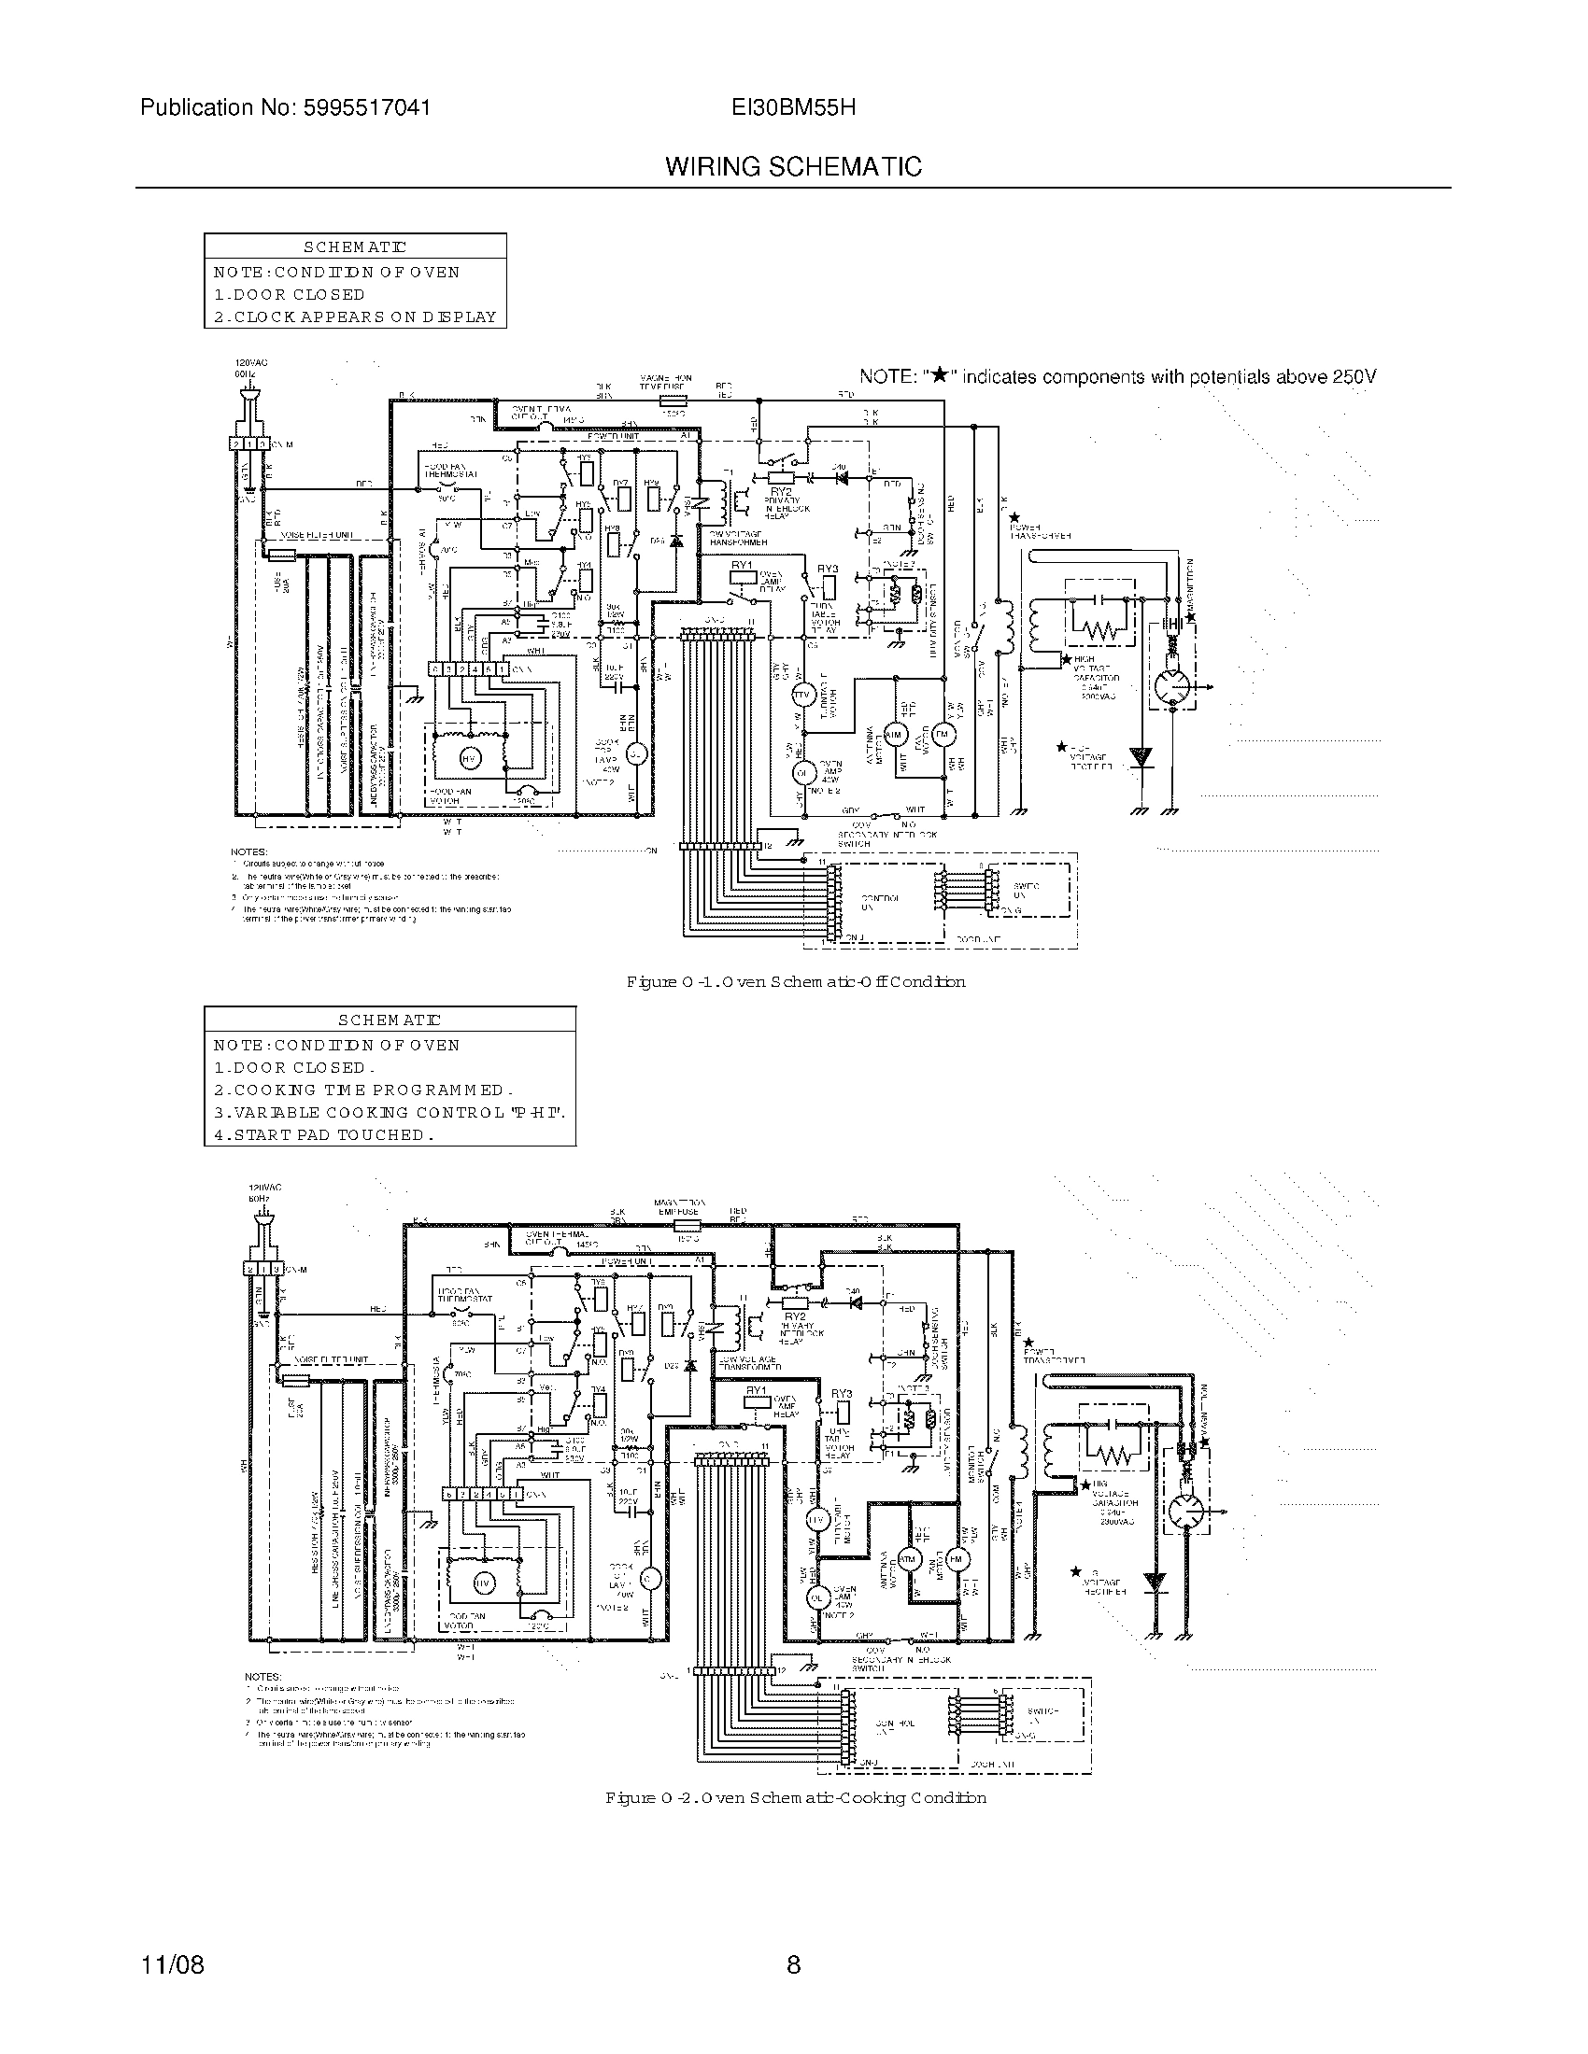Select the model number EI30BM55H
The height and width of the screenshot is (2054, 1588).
[793, 107]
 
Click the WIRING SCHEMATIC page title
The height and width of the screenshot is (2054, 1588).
[793, 166]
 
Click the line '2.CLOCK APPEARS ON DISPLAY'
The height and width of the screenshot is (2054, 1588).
[355, 317]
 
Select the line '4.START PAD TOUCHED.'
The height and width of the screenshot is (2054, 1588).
[323, 1134]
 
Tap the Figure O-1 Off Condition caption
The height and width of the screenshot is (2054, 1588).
[795, 982]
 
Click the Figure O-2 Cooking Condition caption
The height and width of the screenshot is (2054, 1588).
[795, 1797]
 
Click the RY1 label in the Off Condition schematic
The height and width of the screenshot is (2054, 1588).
[743, 565]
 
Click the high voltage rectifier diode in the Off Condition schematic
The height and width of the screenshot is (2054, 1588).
[1141, 758]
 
